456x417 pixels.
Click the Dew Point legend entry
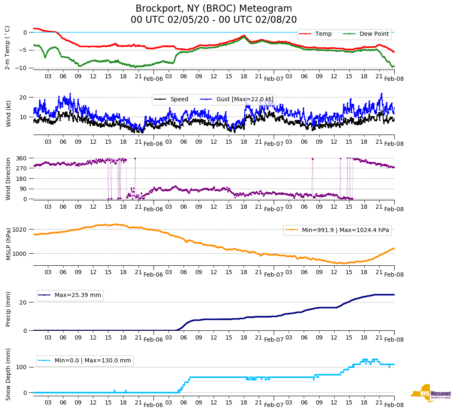click(374, 34)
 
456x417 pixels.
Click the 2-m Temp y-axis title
click(8, 47)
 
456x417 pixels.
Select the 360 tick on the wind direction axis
click(22, 158)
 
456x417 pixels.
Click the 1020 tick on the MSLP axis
click(20, 230)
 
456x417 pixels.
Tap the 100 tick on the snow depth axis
click(22, 367)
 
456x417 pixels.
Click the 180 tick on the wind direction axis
click(22, 179)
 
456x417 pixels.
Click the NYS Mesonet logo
click(431, 393)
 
